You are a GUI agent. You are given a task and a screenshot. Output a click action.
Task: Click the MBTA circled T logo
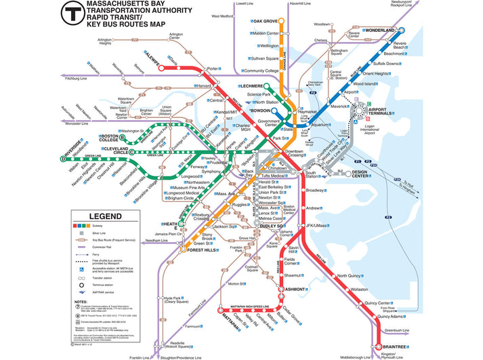click(72, 13)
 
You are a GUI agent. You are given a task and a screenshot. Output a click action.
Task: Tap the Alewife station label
click(150, 57)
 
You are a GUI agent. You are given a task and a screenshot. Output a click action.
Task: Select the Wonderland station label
click(380, 31)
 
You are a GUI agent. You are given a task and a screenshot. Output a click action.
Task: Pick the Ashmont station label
click(296, 289)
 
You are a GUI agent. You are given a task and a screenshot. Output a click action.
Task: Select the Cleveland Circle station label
click(112, 151)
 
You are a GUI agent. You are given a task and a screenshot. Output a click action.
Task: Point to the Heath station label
click(171, 226)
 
